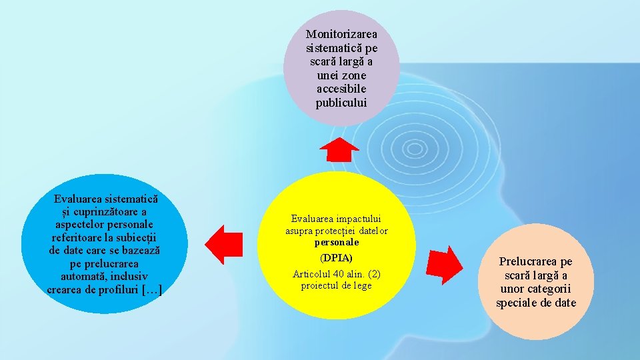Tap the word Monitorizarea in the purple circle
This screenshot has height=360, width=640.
coord(341,33)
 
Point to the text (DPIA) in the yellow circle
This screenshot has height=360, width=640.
coord(336,257)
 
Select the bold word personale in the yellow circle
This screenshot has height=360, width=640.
coord(337,243)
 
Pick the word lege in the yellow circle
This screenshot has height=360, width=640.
coord(361,286)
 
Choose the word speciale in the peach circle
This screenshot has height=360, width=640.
coord(520,303)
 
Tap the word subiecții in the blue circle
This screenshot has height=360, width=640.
coord(137,237)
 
